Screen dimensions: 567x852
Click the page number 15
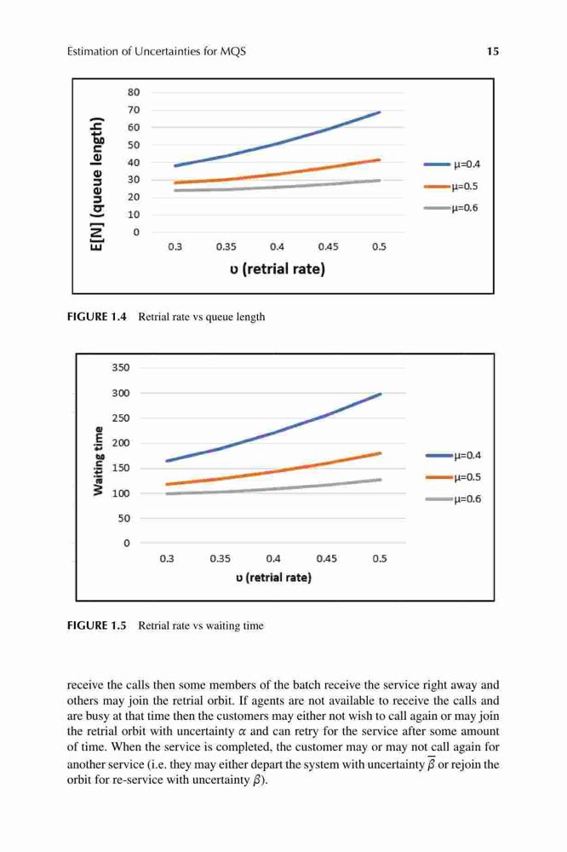click(493, 52)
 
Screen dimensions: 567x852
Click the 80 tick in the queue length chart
click(134, 92)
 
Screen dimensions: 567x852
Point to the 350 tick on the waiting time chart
click(121, 368)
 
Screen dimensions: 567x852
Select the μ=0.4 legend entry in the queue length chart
click(452, 164)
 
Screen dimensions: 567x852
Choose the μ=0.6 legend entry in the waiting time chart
click(454, 498)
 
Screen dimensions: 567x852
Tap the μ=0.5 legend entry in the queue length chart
click(451, 187)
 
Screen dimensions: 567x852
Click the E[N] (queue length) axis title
click(97, 185)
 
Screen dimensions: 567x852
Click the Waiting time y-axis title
click(98, 461)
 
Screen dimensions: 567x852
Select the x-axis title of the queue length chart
click(277, 269)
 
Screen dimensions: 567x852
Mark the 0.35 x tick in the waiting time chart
click(220, 559)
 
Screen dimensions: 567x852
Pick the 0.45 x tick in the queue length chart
click(328, 247)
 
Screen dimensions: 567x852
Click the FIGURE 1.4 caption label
click(97, 317)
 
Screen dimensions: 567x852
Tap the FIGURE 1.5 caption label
click(97, 625)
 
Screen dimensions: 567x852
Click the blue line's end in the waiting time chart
click(381, 394)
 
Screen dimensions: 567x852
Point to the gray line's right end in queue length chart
click(380, 181)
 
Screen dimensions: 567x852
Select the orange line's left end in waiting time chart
click(166, 484)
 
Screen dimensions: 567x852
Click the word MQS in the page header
click(233, 52)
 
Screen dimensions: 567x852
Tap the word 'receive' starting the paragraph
click(83, 685)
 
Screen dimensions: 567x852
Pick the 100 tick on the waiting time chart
click(121, 493)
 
